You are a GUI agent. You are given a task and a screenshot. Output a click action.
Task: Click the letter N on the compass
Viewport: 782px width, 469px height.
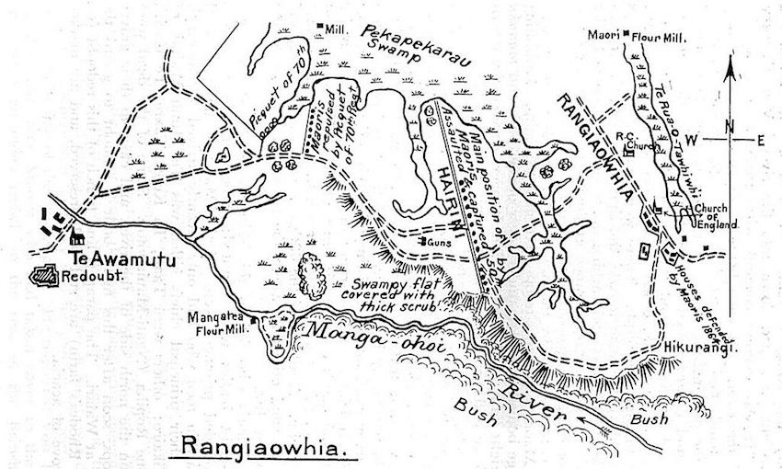729,127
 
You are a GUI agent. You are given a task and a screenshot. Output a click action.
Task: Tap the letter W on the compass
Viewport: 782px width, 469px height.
696,140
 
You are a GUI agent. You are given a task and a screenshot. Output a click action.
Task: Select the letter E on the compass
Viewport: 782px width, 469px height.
761,140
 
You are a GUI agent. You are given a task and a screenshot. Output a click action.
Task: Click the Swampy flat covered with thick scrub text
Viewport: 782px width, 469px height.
386,294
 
